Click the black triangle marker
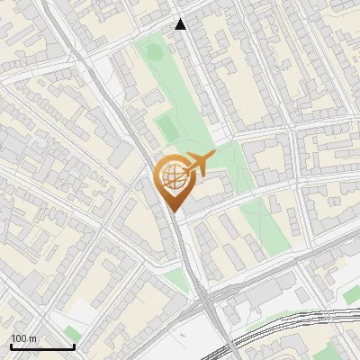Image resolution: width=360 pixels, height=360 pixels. (181, 24)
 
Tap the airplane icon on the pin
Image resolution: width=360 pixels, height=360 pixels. (197, 164)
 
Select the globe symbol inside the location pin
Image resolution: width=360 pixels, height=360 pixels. (174, 178)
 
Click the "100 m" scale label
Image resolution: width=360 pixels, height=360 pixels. (24, 338)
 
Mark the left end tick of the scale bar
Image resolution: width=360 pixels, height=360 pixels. (11, 346)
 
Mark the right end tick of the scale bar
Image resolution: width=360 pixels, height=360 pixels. (74, 346)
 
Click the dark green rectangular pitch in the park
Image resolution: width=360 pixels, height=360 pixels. (166, 127)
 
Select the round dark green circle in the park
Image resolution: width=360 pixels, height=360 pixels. (154, 51)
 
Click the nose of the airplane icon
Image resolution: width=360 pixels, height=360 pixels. (213, 157)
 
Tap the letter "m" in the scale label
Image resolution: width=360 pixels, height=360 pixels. (33, 338)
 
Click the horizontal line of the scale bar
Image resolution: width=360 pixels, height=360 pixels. (42, 347)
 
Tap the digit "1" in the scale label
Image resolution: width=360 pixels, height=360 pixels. (13, 338)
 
